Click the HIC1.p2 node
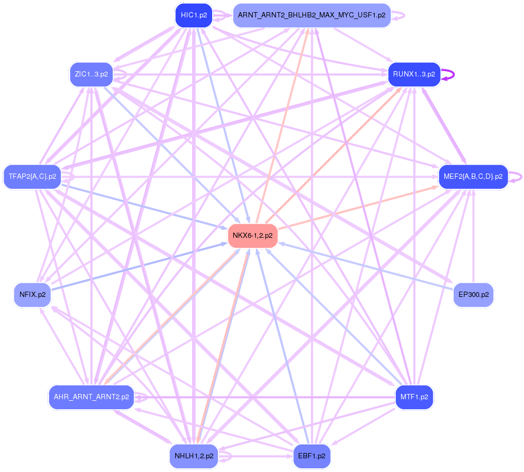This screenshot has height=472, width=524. (194, 15)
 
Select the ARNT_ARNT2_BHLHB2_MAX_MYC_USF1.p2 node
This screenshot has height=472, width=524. (311, 15)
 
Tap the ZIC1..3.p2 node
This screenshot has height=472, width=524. (91, 74)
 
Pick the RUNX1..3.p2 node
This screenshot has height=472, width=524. (414, 74)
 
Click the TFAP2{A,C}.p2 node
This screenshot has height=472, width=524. (32, 176)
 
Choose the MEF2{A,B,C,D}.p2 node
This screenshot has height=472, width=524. (473, 176)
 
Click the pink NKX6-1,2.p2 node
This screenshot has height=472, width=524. (253, 236)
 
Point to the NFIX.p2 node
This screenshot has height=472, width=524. (32, 295)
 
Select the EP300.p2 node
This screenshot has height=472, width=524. (473, 295)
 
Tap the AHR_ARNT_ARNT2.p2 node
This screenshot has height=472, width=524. (91, 397)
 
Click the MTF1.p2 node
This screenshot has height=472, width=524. (414, 397)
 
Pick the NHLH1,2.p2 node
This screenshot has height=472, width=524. (194, 456)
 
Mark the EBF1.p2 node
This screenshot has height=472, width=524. (311, 456)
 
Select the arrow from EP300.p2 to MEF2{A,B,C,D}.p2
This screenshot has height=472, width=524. (473, 237)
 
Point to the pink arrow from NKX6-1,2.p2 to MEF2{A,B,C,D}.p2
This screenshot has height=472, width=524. (359, 207)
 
